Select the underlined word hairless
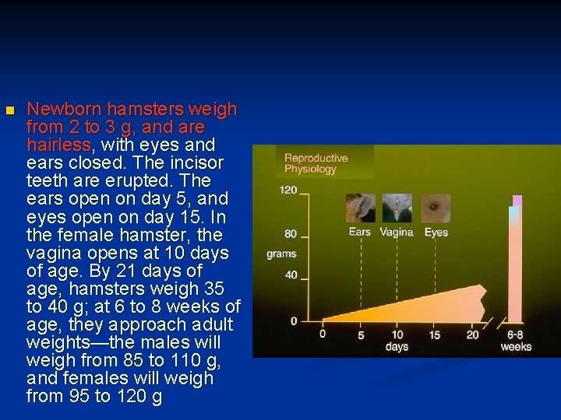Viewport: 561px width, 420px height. click(x=58, y=145)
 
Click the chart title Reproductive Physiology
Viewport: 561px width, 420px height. click(x=316, y=163)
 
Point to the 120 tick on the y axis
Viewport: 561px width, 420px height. click(x=288, y=190)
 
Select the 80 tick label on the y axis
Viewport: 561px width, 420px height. click(x=291, y=234)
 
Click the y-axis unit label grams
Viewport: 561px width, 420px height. click(x=281, y=254)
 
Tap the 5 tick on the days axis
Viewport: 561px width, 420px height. click(x=361, y=335)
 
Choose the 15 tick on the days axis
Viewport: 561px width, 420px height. click(x=434, y=335)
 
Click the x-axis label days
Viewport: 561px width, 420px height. click(x=397, y=347)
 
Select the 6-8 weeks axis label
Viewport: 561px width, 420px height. click(x=516, y=341)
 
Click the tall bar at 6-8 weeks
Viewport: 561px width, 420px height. click(x=514, y=257)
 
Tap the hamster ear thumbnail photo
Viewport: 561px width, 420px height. click(x=360, y=208)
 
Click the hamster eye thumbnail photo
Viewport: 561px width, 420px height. click(x=436, y=208)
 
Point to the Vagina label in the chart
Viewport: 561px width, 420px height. click(x=397, y=232)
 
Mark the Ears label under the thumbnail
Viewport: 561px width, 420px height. click(x=359, y=232)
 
